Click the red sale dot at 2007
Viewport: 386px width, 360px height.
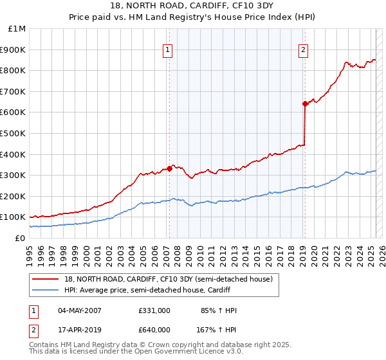(x=169, y=169)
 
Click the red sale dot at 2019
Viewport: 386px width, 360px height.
(x=305, y=104)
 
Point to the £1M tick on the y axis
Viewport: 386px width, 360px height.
(x=17, y=29)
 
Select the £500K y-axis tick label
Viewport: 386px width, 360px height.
(x=14, y=134)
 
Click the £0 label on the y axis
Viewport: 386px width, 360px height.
(x=19, y=238)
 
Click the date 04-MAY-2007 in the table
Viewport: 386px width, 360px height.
(x=80, y=310)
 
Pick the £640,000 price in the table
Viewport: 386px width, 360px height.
(x=154, y=330)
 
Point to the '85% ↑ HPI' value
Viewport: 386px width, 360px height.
(x=219, y=310)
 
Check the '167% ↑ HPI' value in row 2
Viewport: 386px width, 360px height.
(x=217, y=330)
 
